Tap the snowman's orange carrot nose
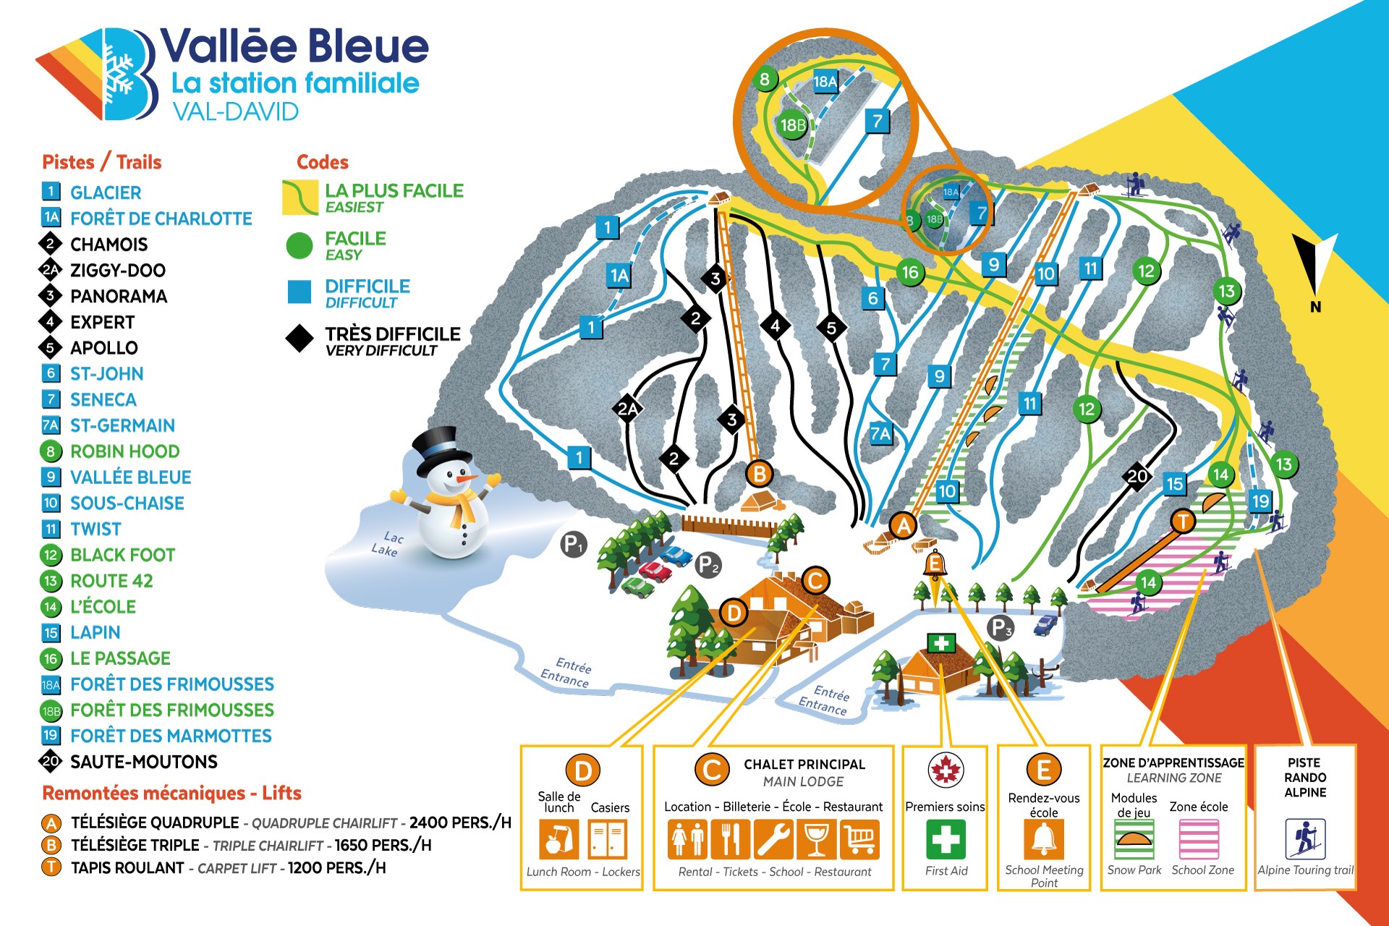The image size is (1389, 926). tap(466, 478)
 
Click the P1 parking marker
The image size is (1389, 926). tap(573, 544)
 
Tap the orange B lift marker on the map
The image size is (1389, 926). tap(760, 474)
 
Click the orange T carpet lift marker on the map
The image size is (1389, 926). tap(1184, 520)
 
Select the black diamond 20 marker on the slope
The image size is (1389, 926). tap(1137, 475)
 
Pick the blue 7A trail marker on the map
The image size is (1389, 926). tap(880, 433)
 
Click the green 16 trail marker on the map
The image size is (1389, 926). tap(909, 272)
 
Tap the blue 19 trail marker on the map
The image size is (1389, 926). tap(1260, 501)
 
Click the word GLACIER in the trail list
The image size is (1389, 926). tap(106, 192)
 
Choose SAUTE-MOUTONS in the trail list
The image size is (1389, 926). tap(143, 762)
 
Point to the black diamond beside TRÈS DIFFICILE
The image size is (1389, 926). tap(299, 338)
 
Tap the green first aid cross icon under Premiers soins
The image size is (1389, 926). tap(945, 840)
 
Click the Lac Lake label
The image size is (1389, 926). tap(386, 543)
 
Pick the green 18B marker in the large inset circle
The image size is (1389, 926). tap(792, 125)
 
